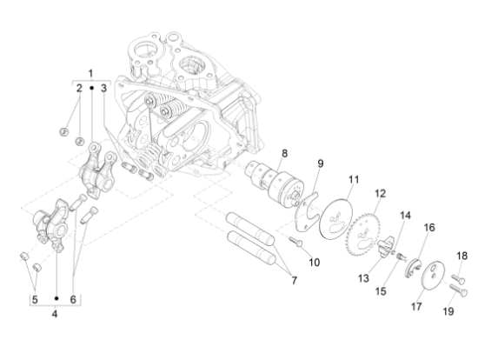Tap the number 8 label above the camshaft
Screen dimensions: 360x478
(259, 154)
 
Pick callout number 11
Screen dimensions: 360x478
(353, 179)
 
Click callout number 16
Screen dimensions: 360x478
(428, 227)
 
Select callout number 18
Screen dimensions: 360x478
(461, 256)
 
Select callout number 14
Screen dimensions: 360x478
(404, 215)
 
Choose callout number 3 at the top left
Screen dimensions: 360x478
(103, 89)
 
